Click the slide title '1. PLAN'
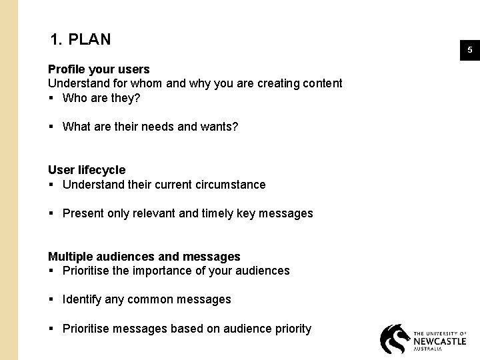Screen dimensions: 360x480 (x=80, y=40)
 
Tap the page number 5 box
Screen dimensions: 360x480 (x=469, y=50)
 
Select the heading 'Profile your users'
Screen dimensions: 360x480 (x=99, y=69)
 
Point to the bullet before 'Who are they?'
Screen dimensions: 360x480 (x=51, y=99)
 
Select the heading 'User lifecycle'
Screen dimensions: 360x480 (x=87, y=170)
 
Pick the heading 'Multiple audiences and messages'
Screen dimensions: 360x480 (x=144, y=257)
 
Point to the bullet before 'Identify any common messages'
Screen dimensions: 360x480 (x=51, y=300)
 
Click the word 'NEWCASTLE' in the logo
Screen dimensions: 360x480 (x=440, y=340)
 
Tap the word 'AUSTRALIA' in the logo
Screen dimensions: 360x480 (x=427, y=349)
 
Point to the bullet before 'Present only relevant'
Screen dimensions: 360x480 (x=51, y=213)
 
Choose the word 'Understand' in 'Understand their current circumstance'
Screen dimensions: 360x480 (x=92, y=185)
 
